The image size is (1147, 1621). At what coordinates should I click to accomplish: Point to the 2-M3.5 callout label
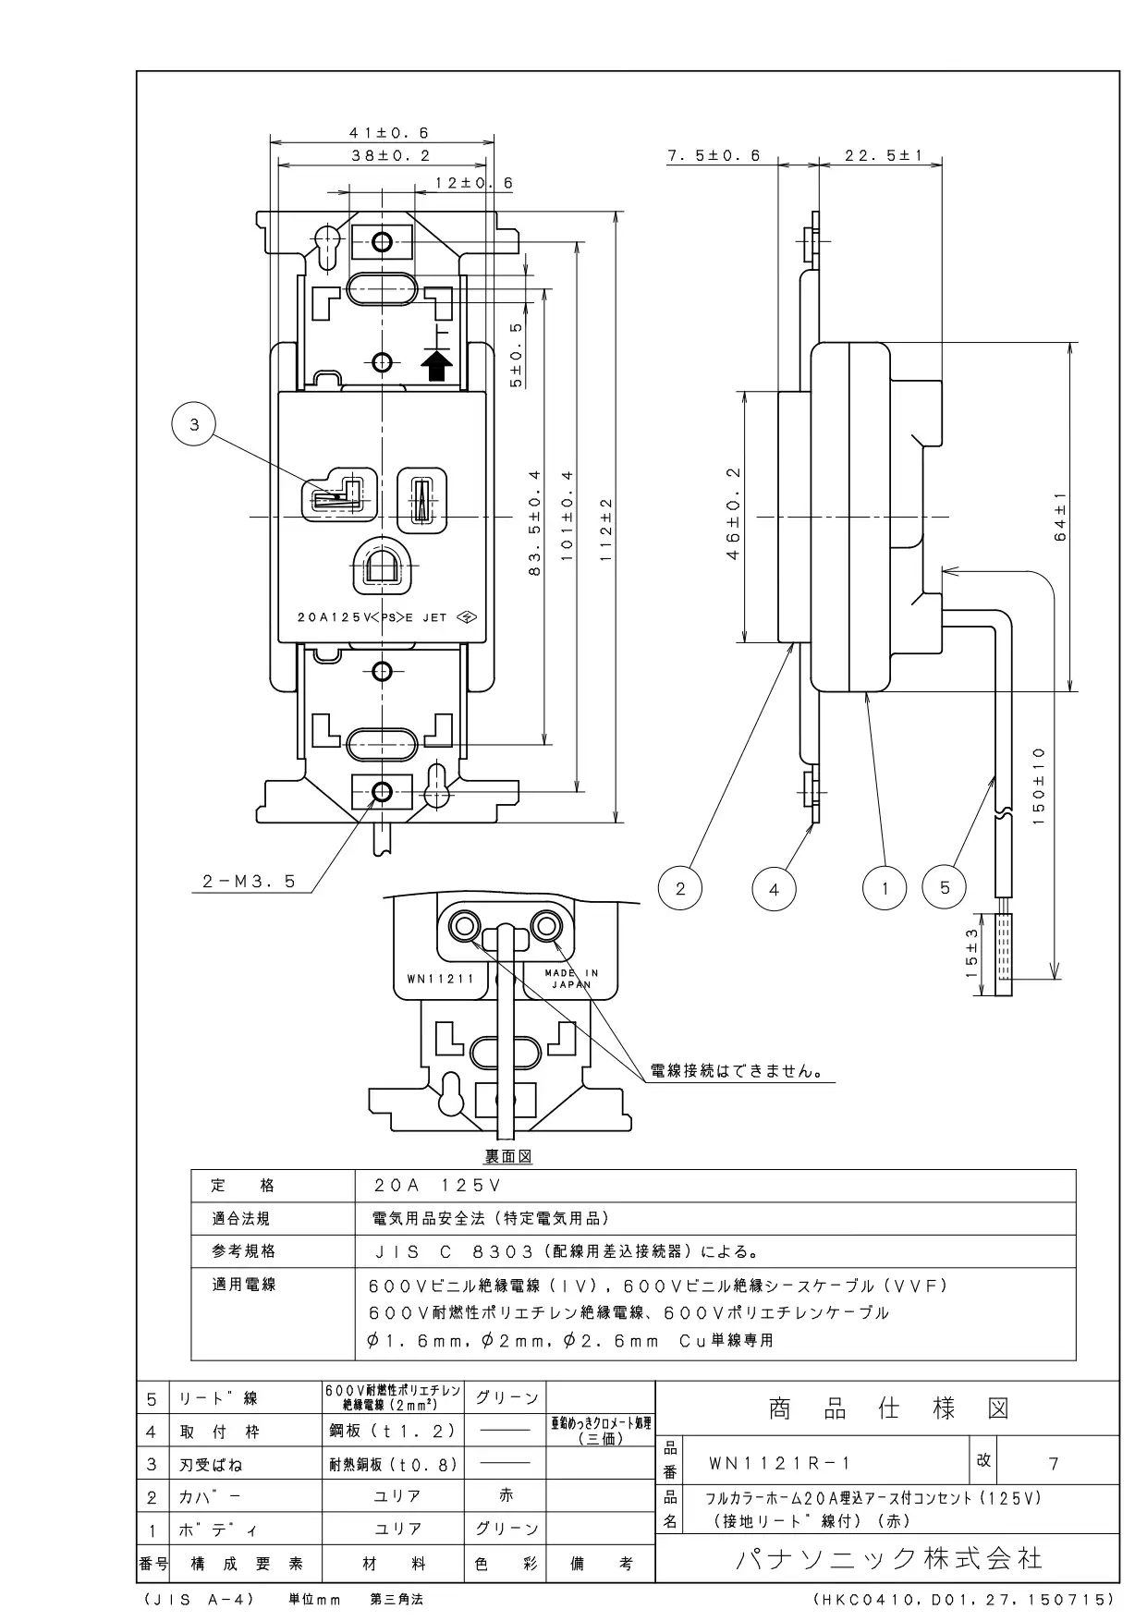pyautogui.click(x=249, y=882)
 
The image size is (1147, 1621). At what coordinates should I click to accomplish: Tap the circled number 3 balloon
pyautogui.click(x=194, y=425)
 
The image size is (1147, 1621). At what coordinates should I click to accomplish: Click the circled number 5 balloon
pyautogui.click(x=945, y=888)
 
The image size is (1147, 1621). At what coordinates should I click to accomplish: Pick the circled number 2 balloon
pyautogui.click(x=681, y=889)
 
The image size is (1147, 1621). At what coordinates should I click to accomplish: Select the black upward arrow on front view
pyautogui.click(x=438, y=367)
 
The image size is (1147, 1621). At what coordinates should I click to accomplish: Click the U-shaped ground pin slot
pyautogui.click(x=379, y=566)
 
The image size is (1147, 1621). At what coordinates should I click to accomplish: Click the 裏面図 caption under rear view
pyautogui.click(x=508, y=1156)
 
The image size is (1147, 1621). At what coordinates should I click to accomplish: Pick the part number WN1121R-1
pyautogui.click(x=780, y=1464)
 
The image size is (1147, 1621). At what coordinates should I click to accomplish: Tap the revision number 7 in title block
pyautogui.click(x=1054, y=1464)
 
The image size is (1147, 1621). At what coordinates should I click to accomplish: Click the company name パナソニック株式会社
pyautogui.click(x=889, y=1559)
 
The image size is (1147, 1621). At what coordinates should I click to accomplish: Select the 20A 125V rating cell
pyautogui.click(x=438, y=1186)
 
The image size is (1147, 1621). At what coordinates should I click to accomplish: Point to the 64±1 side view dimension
pyautogui.click(x=1060, y=517)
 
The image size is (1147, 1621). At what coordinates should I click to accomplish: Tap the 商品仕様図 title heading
pyautogui.click(x=888, y=1408)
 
